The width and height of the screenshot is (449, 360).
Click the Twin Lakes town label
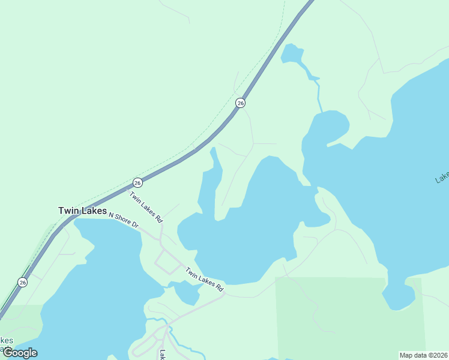click(82, 211)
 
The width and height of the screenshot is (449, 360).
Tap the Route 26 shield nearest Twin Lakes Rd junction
click(137, 182)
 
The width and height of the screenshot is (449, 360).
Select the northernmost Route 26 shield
click(240, 103)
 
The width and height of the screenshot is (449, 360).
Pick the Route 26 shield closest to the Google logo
click(22, 282)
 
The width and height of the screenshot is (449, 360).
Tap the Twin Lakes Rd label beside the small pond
click(204, 279)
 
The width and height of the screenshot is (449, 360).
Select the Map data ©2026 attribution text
click(423, 355)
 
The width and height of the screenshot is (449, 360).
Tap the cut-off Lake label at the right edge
click(442, 178)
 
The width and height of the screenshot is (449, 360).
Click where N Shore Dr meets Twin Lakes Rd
click(158, 236)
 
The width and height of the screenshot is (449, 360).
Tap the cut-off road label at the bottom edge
click(161, 355)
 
